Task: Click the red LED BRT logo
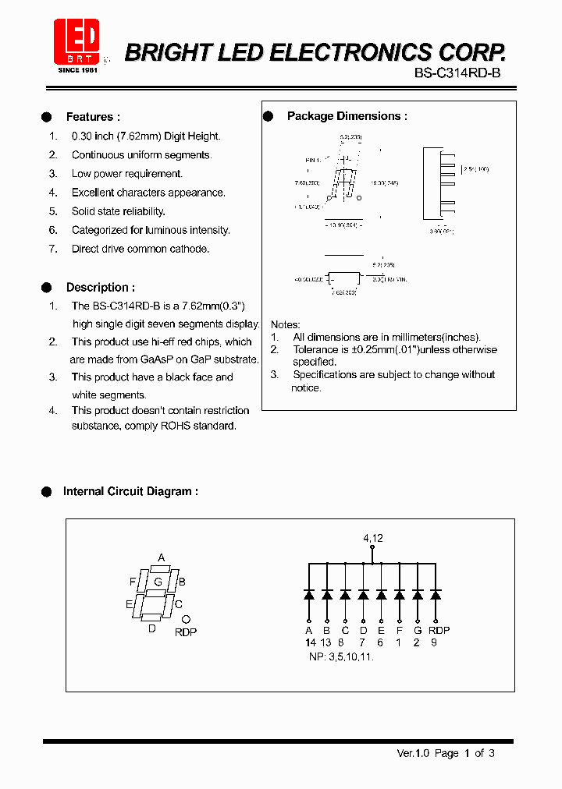pos(76,43)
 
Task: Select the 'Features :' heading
pos(93,117)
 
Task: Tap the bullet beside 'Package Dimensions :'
pos(268,116)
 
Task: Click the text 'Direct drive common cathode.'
pos(140,249)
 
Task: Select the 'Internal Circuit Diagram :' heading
pos(130,491)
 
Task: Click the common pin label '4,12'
pos(372,538)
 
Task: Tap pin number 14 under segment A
pos(310,642)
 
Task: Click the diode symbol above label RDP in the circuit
pos(436,595)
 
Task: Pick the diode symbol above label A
pos(309,595)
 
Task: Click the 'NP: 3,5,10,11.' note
pos(342,656)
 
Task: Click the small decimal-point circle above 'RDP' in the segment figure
pos(186,621)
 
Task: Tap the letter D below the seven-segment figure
pos(152,628)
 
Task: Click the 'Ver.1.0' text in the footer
pos(414,753)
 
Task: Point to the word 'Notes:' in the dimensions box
pos(285,324)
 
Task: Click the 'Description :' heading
pos(100,287)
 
